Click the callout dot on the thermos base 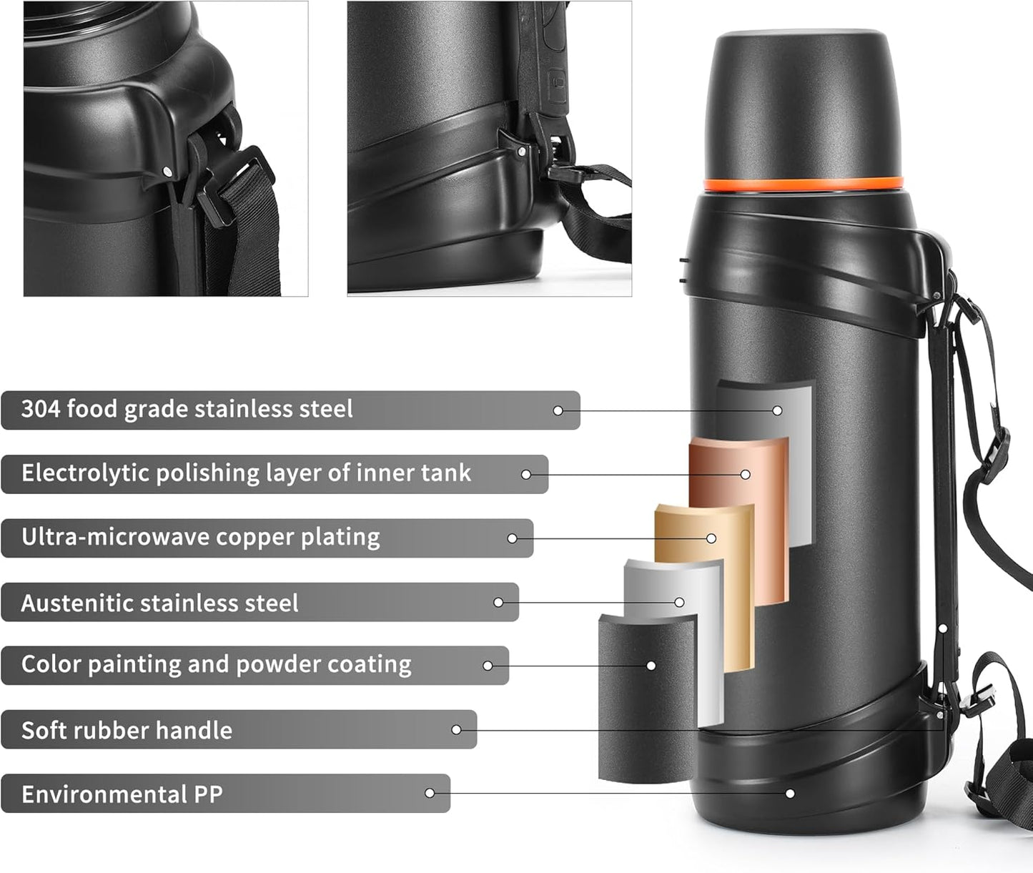(x=790, y=794)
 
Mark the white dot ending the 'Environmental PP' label (x=430, y=793)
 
